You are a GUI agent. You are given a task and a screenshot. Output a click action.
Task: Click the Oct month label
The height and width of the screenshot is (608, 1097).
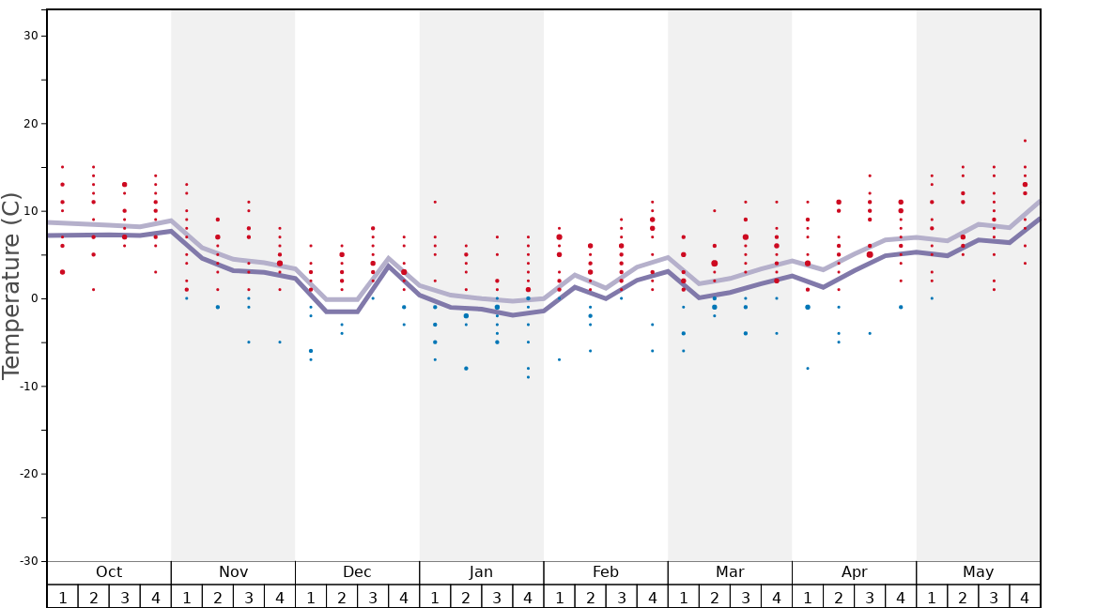point(109,572)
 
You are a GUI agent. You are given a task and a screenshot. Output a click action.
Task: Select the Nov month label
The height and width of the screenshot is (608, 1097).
point(233,572)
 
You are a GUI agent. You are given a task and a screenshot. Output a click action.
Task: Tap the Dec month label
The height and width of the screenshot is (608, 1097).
point(357,572)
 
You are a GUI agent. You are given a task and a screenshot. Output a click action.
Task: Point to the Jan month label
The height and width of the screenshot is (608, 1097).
point(481,572)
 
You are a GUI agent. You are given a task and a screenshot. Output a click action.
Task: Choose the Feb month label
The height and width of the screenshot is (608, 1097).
point(606,572)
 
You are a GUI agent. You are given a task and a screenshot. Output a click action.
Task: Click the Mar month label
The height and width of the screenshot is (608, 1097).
point(730,572)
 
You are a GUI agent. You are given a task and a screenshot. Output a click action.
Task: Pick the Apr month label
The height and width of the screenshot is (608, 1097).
point(854,572)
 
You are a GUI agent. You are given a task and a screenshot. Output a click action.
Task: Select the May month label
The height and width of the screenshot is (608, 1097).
point(978,572)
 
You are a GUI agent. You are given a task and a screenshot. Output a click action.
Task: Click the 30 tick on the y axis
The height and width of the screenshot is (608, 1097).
point(30,36)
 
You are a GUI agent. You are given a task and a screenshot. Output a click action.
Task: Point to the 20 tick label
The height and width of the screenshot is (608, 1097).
point(30,124)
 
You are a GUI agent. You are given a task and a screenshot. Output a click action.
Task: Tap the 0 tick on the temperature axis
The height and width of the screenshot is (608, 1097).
point(33,298)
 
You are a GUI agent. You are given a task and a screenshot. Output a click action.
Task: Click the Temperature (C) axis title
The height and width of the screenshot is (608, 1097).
point(11,285)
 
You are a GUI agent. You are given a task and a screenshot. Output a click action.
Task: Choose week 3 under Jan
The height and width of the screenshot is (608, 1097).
point(497,597)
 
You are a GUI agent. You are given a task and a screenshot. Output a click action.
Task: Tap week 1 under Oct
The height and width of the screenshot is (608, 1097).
point(63,597)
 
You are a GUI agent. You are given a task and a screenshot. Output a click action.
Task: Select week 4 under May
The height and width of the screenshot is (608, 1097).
point(1025,597)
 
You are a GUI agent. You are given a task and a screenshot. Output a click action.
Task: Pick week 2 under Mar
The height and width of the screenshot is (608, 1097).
point(714,597)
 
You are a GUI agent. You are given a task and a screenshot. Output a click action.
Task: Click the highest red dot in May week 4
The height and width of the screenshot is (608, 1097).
point(1025,141)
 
